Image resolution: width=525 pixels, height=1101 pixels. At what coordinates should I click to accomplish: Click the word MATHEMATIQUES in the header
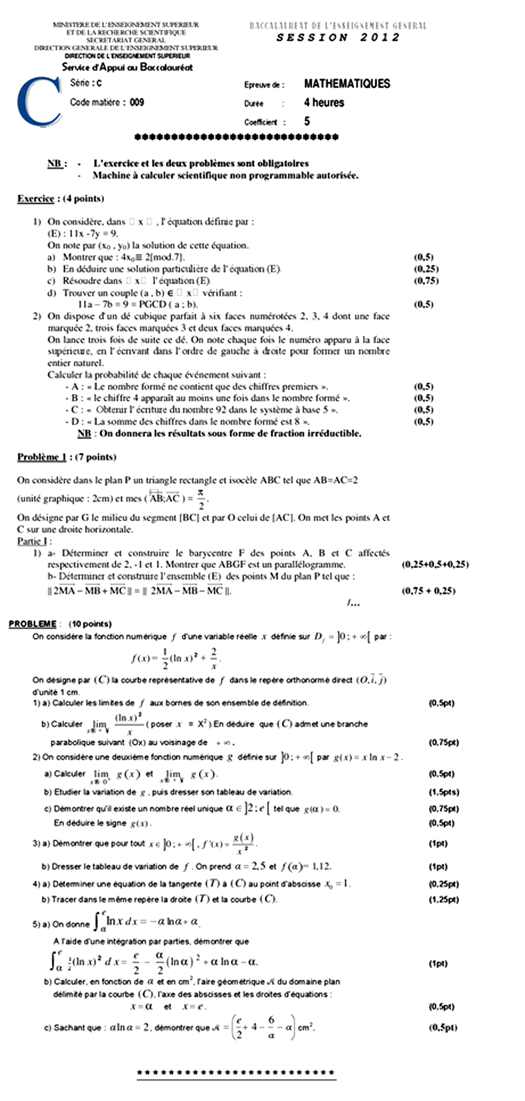347,84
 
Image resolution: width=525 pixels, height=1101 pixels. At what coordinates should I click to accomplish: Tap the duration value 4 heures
324,103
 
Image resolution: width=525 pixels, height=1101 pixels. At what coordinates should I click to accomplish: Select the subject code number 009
137,102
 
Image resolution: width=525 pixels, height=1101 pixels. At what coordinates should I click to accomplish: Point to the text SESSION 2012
337,38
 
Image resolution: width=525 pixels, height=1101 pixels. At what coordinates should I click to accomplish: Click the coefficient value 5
307,121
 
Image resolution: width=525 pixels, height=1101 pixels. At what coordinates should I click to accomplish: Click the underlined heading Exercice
36,199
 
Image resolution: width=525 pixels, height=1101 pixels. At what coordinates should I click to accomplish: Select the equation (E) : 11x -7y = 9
83,233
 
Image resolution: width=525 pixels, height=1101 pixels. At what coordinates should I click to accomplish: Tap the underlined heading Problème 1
42,457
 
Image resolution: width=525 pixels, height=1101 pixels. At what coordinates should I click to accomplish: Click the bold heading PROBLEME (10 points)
60,624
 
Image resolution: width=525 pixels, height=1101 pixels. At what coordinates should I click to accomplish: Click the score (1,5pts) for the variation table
444,792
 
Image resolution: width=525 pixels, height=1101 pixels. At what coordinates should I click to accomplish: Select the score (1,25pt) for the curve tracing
444,900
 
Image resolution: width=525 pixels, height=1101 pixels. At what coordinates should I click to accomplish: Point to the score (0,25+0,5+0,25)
435,565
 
